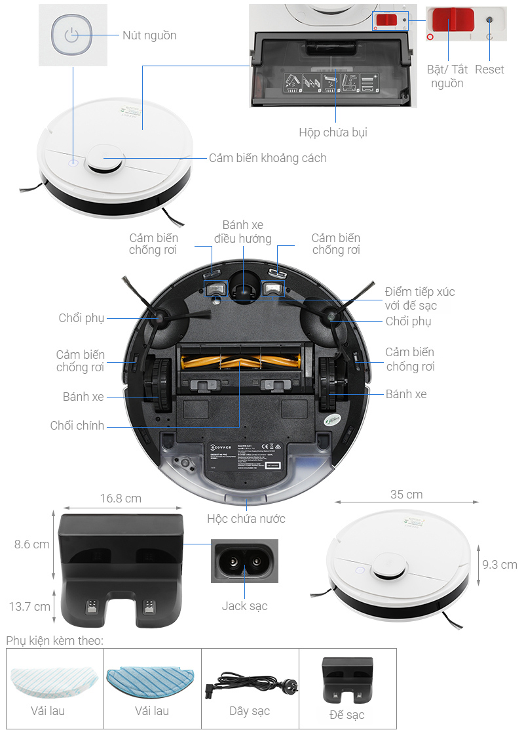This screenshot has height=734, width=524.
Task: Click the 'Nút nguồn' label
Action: click(149, 35)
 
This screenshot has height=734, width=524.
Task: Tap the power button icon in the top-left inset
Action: click(72, 35)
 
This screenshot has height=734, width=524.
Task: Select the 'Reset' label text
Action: click(489, 70)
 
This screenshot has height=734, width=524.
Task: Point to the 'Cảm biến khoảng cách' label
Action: click(267, 158)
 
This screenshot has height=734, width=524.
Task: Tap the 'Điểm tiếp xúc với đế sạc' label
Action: click(420, 298)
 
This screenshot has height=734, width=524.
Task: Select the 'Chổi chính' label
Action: click(77, 426)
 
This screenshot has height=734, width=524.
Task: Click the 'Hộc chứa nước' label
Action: click(246, 519)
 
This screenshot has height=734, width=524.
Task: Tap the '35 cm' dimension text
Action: click(406, 495)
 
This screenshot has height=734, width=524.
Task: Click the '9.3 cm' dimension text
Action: click(500, 564)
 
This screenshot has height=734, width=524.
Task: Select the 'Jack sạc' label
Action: click(244, 606)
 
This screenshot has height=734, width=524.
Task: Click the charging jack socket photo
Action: click(244, 561)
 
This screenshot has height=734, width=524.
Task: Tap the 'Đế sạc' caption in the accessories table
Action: click(348, 714)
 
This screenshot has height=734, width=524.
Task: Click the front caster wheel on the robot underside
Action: click(243, 289)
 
